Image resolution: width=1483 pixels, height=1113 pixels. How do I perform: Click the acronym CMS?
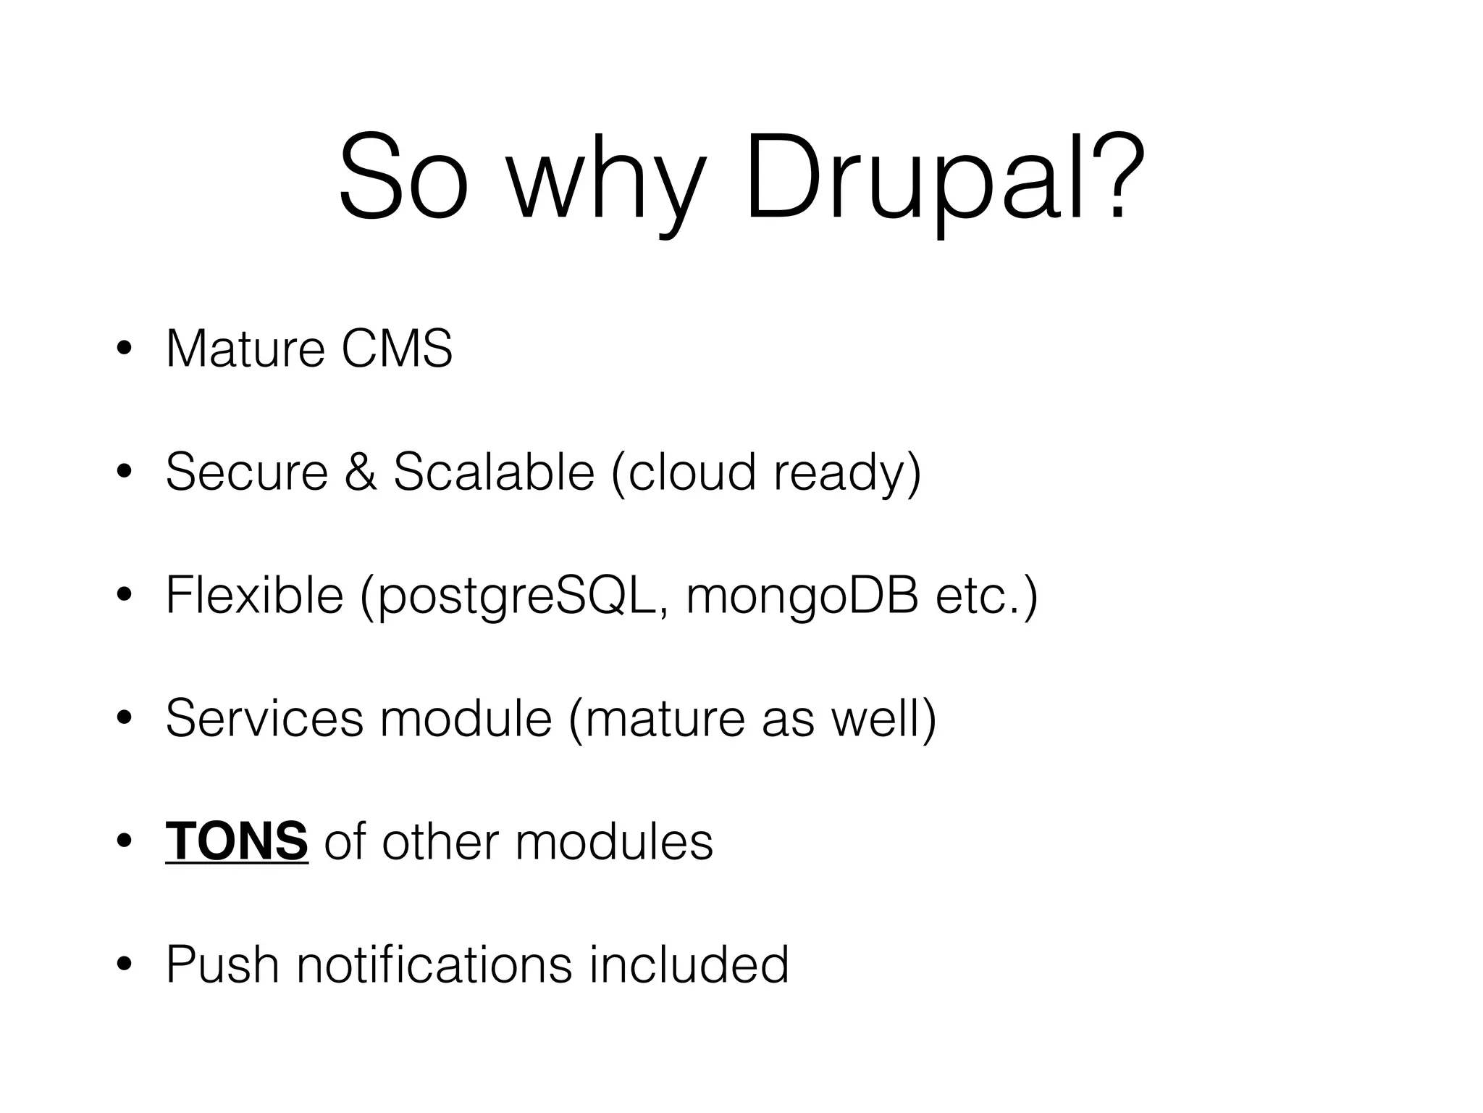397,349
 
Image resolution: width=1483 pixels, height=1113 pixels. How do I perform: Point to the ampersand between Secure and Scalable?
361,472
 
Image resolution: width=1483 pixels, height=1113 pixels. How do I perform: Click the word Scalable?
493,472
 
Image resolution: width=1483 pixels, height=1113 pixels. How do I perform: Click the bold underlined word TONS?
237,841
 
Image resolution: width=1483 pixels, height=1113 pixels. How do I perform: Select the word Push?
222,964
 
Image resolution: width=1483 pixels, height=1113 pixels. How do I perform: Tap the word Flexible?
254,595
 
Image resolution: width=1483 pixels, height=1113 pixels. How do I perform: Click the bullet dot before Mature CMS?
124,349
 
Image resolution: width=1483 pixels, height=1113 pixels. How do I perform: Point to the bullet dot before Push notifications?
124,964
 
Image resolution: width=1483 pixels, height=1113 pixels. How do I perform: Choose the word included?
689,964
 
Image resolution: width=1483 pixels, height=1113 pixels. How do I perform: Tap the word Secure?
247,472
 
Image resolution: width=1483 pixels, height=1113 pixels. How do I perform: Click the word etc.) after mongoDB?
986,596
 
